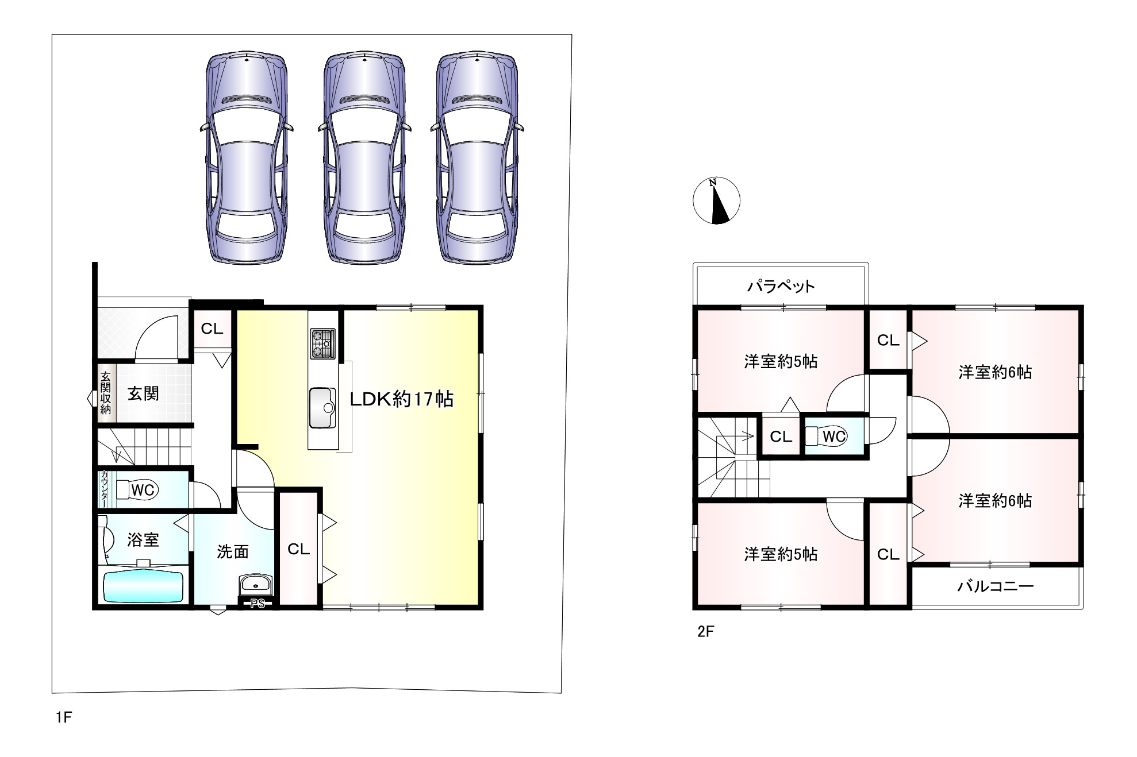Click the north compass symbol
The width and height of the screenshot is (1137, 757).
coord(716,200)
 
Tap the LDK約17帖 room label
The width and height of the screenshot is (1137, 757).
coord(402,399)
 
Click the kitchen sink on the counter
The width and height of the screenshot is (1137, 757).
coord(322,408)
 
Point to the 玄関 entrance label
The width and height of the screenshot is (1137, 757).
coord(143,393)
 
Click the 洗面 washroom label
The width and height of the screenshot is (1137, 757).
coord(233,551)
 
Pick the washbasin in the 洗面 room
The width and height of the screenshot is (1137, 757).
coord(256,585)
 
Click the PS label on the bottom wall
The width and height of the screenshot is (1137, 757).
coord(258,604)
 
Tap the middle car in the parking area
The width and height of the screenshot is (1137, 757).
coord(364,159)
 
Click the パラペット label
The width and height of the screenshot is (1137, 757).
coord(781,285)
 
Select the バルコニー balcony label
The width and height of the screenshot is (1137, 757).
coord(996,586)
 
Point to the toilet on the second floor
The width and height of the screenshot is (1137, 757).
coord(826,437)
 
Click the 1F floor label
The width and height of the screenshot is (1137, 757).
coord(64,717)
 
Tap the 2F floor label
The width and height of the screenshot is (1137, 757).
coord(705,632)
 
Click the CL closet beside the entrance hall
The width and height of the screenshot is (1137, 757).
coord(212,329)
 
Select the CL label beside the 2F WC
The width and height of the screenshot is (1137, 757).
coord(781,437)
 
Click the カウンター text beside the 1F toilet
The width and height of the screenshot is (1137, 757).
coord(104,489)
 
